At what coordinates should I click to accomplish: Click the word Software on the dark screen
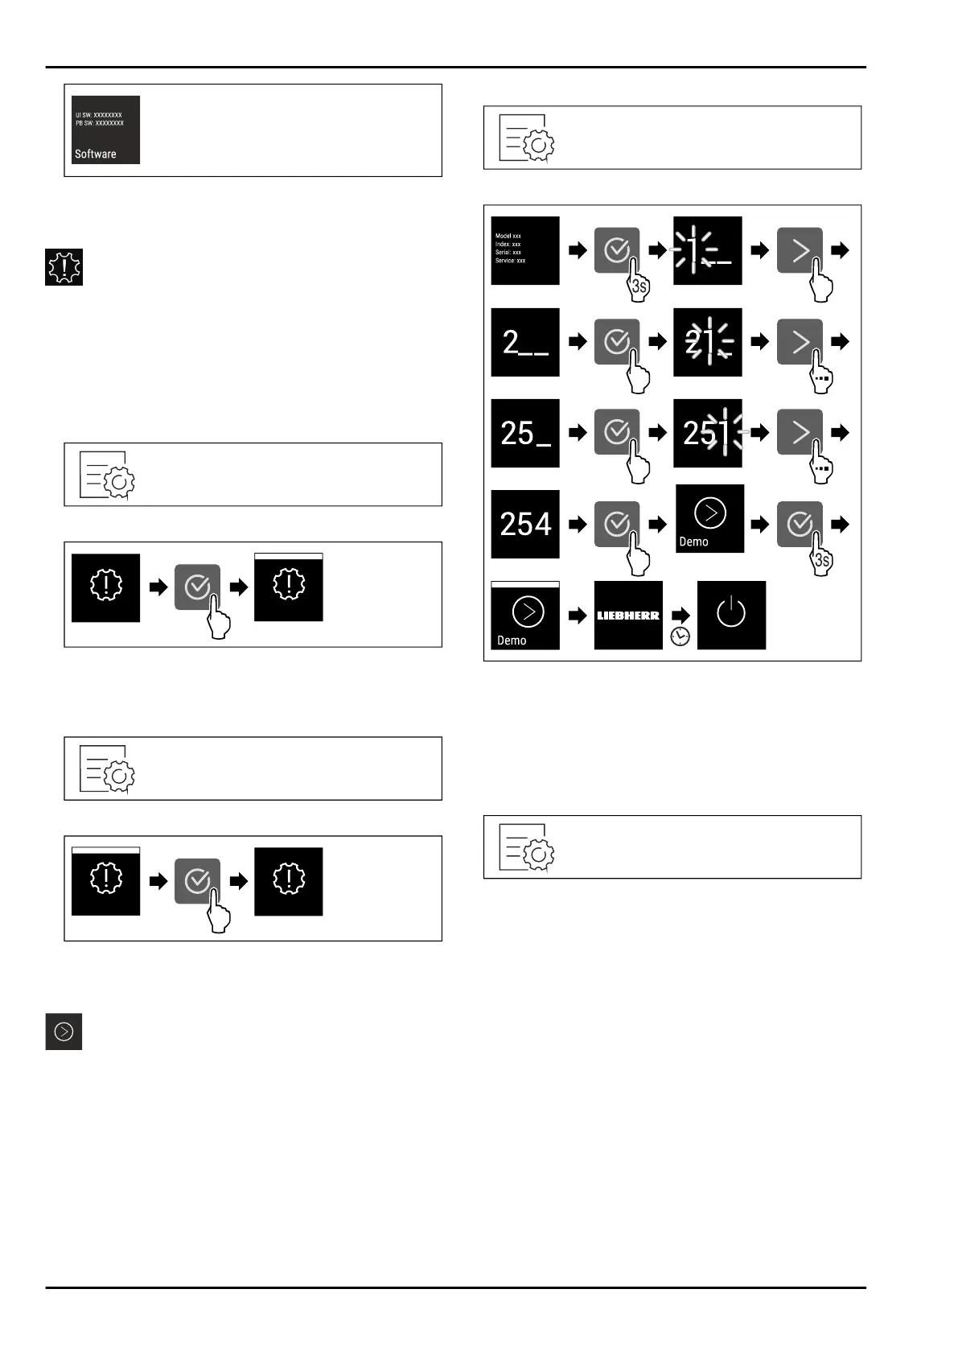96,154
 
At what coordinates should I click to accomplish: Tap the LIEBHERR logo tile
628,616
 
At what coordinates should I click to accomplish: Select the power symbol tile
731,616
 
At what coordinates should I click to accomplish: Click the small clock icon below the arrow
680,636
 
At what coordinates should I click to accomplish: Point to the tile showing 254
525,524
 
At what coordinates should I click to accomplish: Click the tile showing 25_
525,433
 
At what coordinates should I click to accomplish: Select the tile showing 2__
525,342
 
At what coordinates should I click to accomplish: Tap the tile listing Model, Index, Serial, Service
525,250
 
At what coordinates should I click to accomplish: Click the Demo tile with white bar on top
525,616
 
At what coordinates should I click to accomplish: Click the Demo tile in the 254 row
709,519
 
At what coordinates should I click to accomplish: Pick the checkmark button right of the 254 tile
617,524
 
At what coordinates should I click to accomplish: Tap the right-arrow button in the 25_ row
800,433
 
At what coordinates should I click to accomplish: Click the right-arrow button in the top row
800,250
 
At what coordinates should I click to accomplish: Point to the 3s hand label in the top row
639,286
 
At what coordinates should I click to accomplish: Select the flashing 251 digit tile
708,433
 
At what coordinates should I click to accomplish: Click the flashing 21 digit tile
708,342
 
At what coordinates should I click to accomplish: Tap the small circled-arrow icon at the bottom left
64,1032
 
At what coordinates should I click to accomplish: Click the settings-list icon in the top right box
527,138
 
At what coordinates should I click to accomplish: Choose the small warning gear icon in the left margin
64,267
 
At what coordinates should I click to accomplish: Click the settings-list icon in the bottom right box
527,847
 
